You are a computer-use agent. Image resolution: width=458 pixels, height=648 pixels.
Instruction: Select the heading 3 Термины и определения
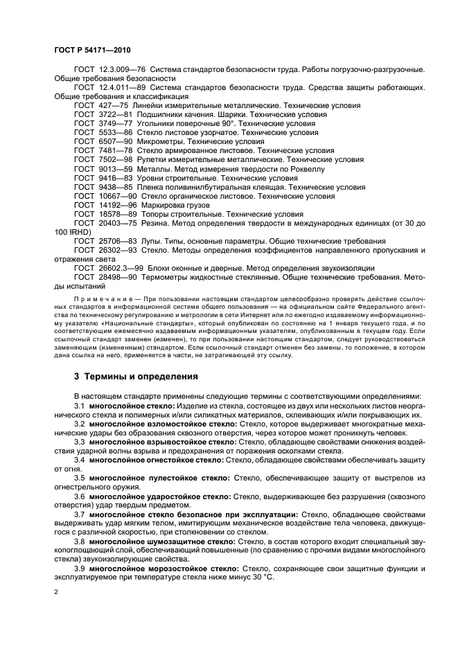[x=136, y=377]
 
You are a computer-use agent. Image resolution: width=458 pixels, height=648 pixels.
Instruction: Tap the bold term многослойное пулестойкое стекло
[x=161, y=477]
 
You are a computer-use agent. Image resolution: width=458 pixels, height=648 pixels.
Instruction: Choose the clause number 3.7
[x=80, y=514]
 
